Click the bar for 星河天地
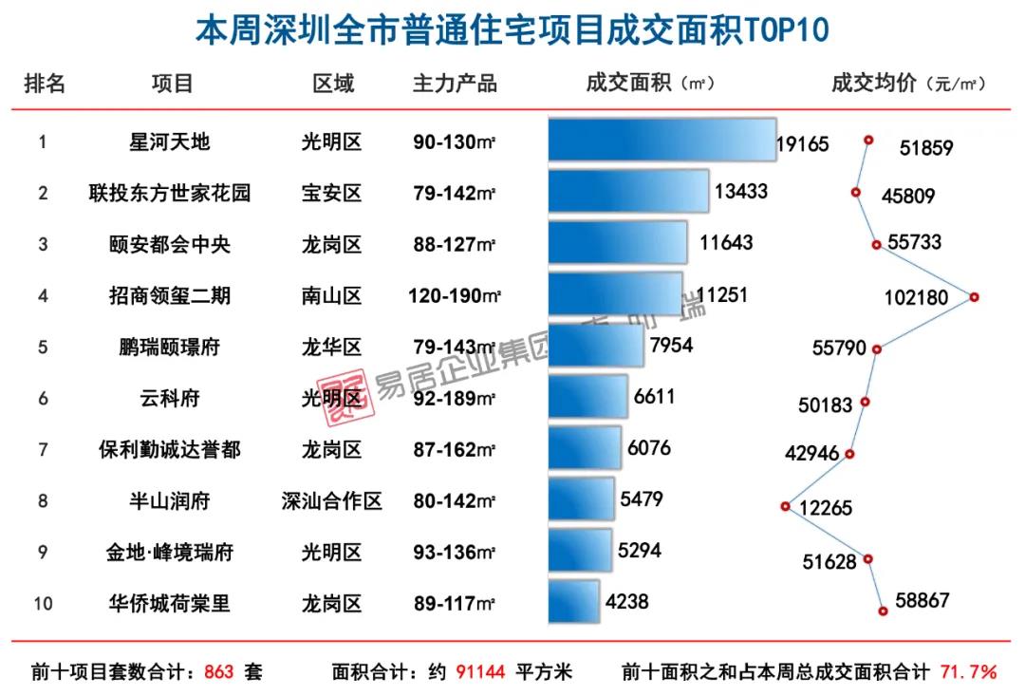point(662,141)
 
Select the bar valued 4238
point(574,602)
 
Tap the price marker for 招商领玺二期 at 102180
point(974,297)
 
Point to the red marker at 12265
point(785,506)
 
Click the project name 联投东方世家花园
point(170,194)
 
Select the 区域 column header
point(333,84)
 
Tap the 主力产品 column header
point(455,84)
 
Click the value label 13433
point(741,192)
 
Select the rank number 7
point(43,449)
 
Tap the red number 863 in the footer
point(218,672)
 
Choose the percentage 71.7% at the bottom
point(968,672)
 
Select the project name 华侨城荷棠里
point(170,603)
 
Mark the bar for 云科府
point(587,397)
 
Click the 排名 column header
point(45,84)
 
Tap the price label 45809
point(908,197)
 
